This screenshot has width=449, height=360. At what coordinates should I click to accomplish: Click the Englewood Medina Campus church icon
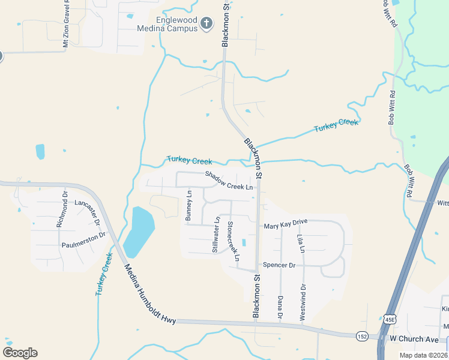tap(206, 23)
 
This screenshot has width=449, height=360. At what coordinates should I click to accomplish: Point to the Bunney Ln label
tap(188, 206)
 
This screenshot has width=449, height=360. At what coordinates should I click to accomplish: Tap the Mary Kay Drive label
tap(286, 223)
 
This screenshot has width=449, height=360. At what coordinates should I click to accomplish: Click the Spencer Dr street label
tap(280, 265)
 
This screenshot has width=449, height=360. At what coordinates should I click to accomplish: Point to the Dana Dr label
tap(280, 307)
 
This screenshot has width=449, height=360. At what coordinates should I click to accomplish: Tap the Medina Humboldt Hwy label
tap(151, 295)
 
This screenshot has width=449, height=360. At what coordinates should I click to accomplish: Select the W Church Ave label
tap(415, 338)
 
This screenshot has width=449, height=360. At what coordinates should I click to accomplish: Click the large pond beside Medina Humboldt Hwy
tap(140, 231)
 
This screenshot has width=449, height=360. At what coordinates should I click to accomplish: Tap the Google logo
tap(20, 352)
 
